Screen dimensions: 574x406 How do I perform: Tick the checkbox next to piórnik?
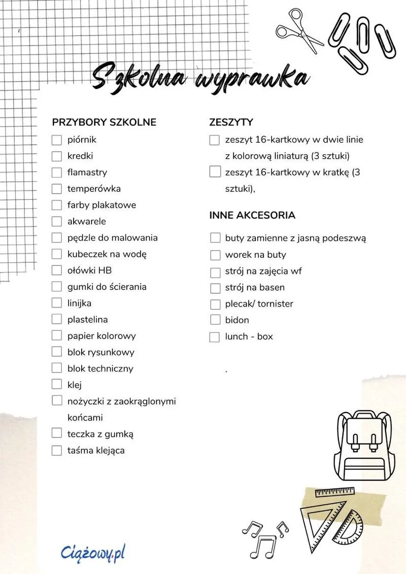(56, 140)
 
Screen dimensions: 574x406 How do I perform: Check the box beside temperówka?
(56, 189)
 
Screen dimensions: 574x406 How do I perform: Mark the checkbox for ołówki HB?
(56, 270)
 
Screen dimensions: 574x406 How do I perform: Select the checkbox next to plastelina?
(56, 319)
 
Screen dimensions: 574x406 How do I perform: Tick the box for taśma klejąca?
(56, 450)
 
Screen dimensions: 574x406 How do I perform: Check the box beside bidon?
(215, 320)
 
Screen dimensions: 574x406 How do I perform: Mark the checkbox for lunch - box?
(215, 336)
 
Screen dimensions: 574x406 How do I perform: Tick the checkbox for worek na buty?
(215, 255)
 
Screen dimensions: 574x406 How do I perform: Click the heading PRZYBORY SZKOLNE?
(104, 122)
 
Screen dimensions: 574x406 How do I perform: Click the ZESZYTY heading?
(231, 122)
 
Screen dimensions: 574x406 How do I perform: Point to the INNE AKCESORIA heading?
(252, 215)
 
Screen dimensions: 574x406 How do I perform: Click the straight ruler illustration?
(334, 492)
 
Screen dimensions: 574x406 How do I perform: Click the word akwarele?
(86, 221)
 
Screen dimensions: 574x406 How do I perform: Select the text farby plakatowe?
(101, 205)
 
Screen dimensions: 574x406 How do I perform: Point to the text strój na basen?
(255, 287)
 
